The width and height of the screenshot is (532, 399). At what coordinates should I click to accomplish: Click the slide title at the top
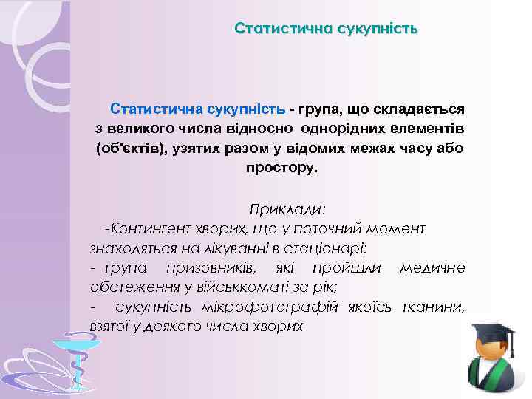326,29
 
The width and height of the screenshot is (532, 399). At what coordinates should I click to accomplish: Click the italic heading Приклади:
287,209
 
